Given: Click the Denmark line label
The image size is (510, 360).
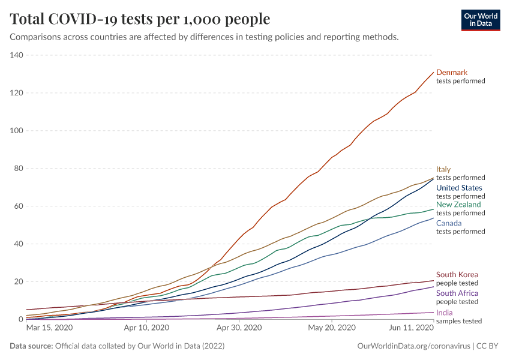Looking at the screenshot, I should click(452, 73).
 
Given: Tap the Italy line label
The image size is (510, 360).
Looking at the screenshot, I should click(443, 170).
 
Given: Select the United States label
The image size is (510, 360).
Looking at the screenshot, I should click(459, 188).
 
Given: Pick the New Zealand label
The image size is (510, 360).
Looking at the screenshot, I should click(458, 205).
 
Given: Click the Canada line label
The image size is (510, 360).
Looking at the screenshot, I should click(449, 224).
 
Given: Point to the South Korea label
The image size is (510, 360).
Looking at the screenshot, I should click(457, 275).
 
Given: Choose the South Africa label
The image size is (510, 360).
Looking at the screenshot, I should click(457, 293).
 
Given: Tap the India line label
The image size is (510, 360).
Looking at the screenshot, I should click(444, 313).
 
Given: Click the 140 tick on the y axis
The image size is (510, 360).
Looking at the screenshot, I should click(16, 56).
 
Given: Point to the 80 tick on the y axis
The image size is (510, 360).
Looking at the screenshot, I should click(19, 169).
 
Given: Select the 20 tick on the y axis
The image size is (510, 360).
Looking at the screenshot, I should click(19, 282).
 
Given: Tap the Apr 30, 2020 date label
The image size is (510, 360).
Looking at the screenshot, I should click(239, 328).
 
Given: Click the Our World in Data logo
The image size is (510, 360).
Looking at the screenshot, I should click(481, 20).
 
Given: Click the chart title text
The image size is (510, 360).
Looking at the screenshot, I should click(140, 19).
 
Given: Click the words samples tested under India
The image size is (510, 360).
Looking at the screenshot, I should click(458, 321).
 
